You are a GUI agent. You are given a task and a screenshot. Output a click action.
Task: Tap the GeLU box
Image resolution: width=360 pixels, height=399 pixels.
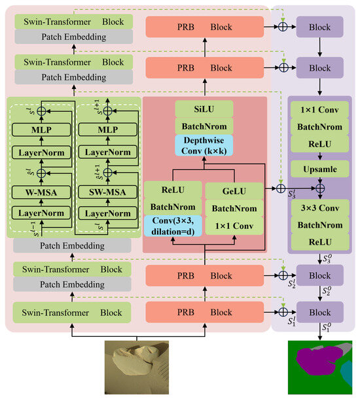[x=235, y=190]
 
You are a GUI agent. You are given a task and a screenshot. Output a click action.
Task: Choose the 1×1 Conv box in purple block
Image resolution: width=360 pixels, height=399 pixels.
[x=319, y=110]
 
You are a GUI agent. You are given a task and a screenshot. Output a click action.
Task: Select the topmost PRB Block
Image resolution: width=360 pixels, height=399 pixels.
[x=204, y=27]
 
